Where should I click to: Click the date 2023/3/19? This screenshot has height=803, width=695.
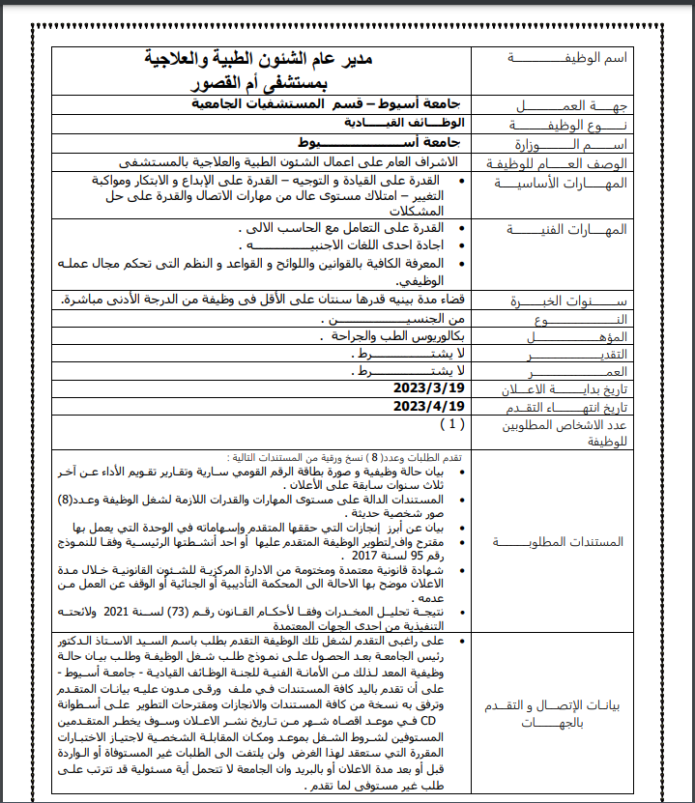pos(429,387)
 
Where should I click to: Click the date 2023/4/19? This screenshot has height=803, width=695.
pos(429,406)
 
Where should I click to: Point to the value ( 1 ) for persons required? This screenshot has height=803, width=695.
pos(450,423)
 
